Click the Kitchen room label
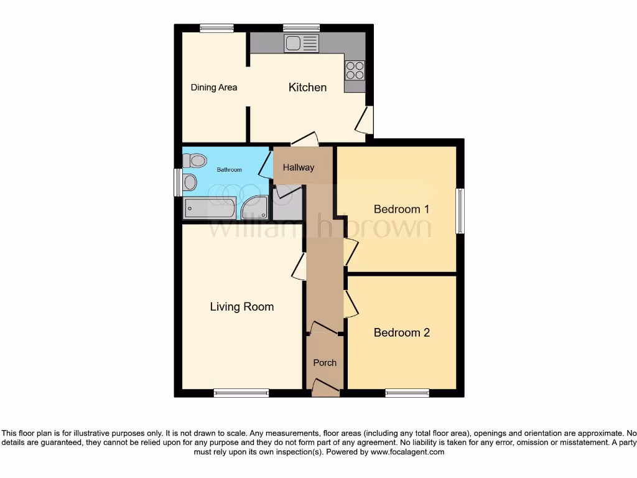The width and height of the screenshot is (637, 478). (307, 88)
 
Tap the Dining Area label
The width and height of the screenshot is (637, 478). (213, 88)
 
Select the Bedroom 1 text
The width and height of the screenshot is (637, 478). (401, 209)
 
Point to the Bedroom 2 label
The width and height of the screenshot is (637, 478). (401, 333)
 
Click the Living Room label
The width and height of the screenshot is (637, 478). (241, 307)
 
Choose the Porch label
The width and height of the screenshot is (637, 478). (325, 363)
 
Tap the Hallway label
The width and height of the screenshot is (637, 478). (299, 167)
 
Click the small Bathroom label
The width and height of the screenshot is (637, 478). (229, 169)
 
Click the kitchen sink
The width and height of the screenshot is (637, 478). (301, 43)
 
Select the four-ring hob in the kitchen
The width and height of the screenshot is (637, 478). (355, 70)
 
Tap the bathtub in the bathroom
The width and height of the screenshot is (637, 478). (208, 208)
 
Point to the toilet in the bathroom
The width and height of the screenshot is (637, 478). (195, 161)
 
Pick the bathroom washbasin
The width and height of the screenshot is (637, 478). (190, 182)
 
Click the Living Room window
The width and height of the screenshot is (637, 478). (241, 393)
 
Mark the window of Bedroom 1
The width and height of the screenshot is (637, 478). (460, 211)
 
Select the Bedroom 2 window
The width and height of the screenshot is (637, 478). (407, 393)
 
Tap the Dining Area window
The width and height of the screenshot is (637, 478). (216, 27)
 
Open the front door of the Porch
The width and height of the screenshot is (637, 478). (325, 390)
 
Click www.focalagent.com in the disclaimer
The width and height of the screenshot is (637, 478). (407, 452)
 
